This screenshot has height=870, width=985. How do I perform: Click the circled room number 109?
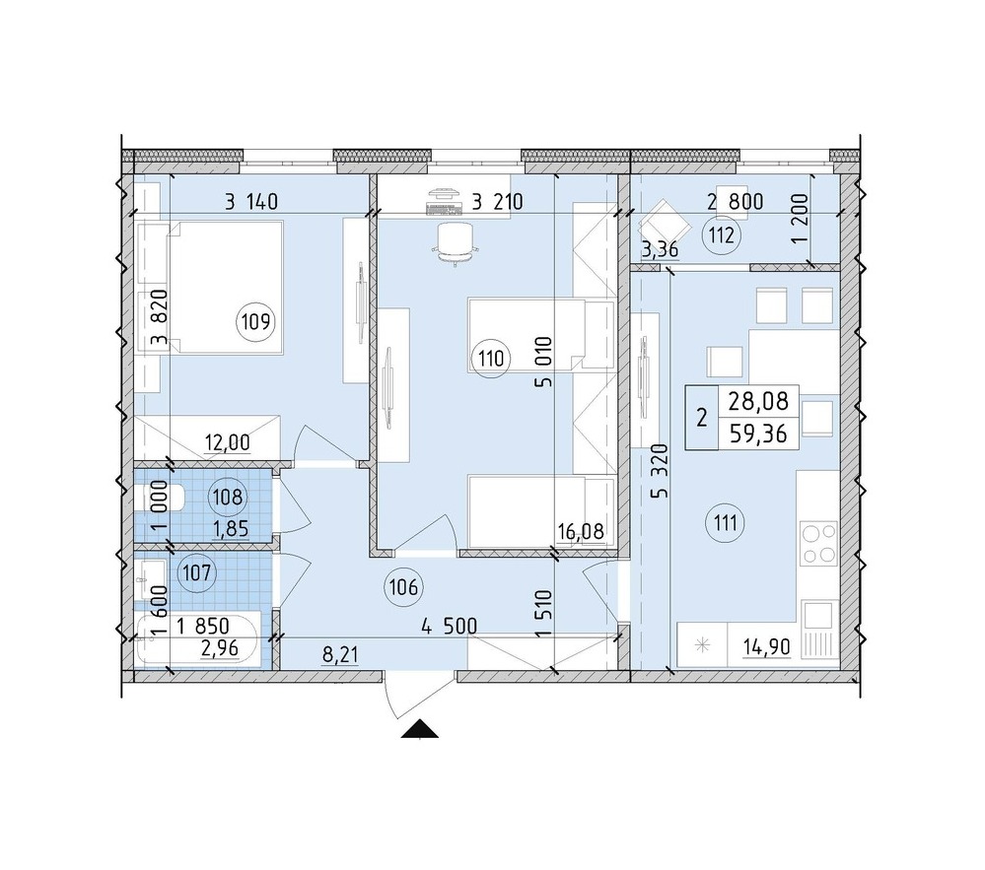[x=256, y=322]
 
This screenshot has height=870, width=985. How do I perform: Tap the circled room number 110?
[x=491, y=359]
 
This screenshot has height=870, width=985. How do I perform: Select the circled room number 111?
[x=726, y=522]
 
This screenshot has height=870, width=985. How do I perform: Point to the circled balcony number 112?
[x=722, y=236]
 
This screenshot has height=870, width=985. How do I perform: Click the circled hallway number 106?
[x=403, y=587]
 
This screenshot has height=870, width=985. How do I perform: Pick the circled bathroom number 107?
[x=197, y=572]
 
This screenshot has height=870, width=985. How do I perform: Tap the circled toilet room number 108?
[x=228, y=498]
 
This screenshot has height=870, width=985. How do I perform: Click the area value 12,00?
[x=228, y=443]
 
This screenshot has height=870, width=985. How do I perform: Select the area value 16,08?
[x=581, y=532]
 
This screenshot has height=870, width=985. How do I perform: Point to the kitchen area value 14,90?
[x=766, y=646]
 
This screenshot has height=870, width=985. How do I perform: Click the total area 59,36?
[x=758, y=434]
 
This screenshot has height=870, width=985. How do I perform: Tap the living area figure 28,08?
[x=758, y=400]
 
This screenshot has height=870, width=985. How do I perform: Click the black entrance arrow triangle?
[x=419, y=729]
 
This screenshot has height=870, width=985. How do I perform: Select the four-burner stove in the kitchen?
[x=819, y=543]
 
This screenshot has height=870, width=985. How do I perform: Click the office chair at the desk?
[x=455, y=244]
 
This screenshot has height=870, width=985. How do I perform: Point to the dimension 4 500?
[x=450, y=627]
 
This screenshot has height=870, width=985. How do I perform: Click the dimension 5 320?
[x=660, y=471]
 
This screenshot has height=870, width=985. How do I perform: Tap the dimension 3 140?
[x=251, y=202]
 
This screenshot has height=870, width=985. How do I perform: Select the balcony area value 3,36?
[x=660, y=250]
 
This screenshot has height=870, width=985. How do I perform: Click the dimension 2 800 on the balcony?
[x=735, y=202]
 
